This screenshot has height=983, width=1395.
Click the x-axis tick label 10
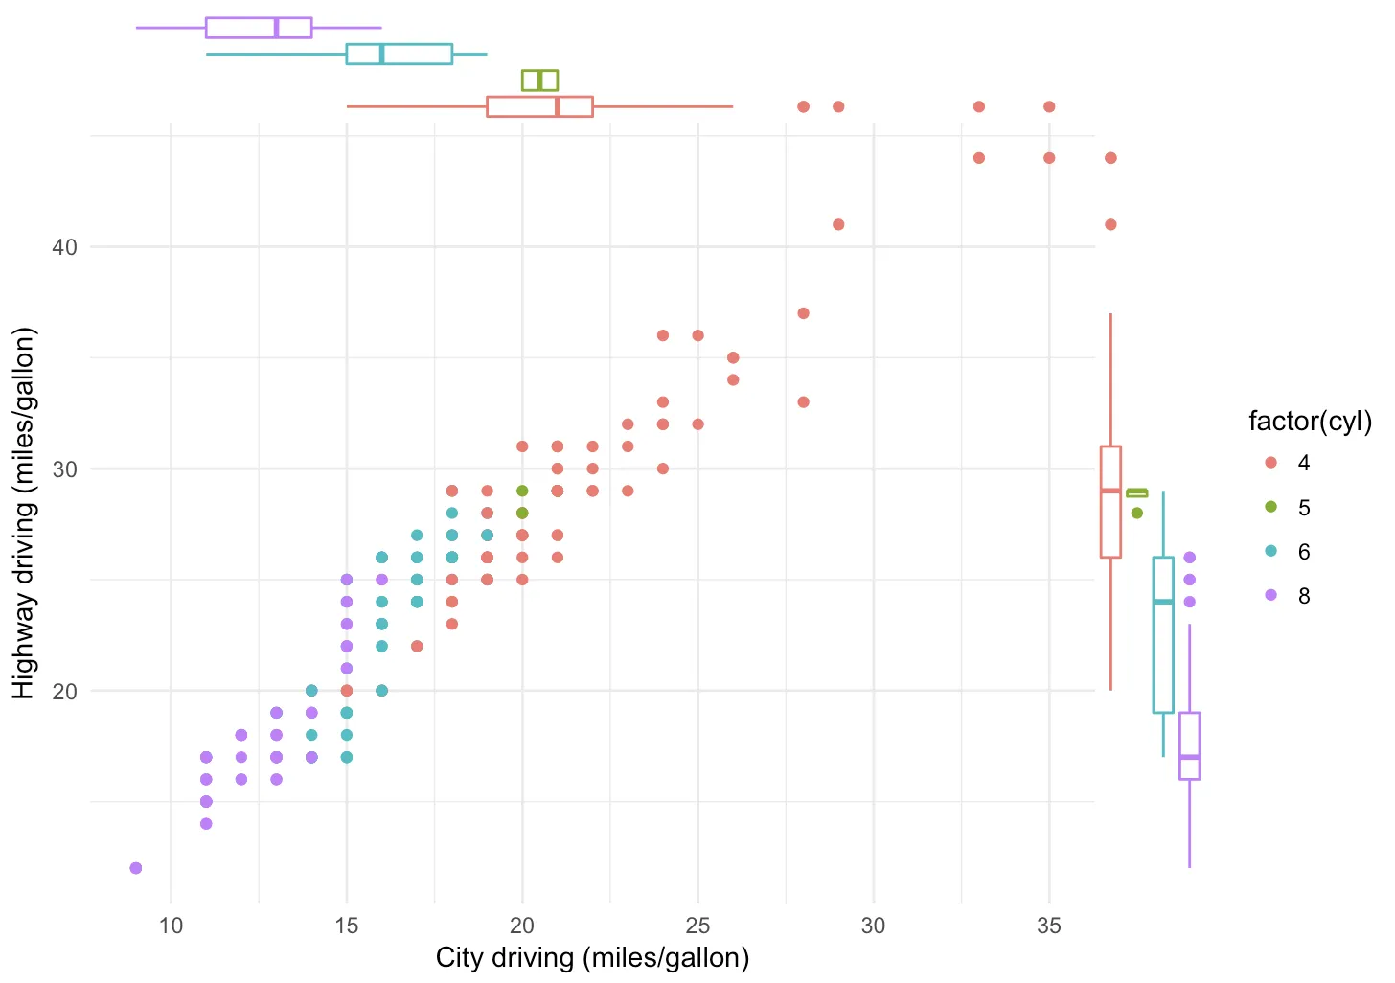pos(171,926)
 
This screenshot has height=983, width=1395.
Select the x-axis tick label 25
pos(697,926)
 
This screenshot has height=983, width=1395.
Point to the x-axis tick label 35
pos(1049,926)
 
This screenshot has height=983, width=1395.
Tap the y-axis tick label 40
pos(64,247)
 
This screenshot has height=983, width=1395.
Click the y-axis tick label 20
pos(64,691)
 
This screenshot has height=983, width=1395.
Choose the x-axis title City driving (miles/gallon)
pos(592,957)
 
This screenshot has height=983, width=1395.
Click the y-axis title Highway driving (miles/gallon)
pos(23,513)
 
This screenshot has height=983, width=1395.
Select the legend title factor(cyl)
pos(1310,421)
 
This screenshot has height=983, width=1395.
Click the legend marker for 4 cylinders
pos(1271,463)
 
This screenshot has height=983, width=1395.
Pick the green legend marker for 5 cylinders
pos(1271,507)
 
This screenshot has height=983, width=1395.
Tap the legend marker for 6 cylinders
pos(1271,551)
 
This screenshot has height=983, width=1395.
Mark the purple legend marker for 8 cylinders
pos(1271,595)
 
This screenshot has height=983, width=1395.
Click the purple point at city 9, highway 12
pos(136,868)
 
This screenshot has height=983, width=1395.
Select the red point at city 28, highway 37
pos(803,313)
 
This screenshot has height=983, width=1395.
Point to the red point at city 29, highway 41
pos(838,224)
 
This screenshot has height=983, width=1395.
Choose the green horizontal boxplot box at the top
pos(539,80)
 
